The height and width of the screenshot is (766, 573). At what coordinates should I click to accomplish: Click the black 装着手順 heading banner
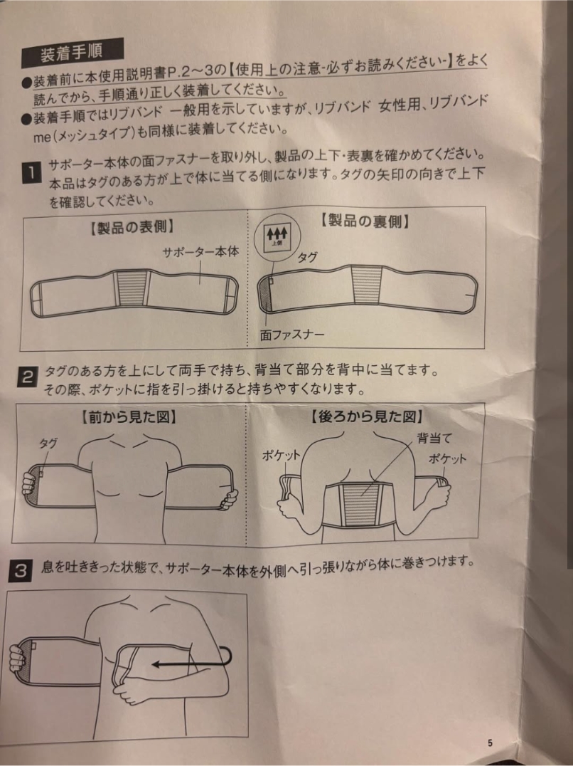click(72, 53)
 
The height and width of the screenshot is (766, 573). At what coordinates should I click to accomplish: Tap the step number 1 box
click(31, 174)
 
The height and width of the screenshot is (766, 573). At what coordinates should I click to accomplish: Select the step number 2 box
click(27, 377)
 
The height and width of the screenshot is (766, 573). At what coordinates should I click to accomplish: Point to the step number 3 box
click(21, 571)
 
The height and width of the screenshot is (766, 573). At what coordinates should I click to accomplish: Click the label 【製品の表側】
click(132, 227)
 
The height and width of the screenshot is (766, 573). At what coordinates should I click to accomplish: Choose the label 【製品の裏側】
click(365, 221)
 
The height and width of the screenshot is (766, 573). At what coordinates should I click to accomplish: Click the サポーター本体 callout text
click(201, 252)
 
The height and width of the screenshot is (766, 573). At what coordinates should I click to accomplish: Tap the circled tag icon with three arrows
click(278, 238)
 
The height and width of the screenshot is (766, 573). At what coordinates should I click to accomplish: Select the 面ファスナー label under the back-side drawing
click(292, 335)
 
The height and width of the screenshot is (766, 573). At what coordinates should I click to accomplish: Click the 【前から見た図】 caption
click(128, 416)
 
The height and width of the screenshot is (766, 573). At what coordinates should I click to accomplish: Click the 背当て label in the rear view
click(434, 439)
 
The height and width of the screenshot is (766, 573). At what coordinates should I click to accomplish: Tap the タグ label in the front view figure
click(48, 443)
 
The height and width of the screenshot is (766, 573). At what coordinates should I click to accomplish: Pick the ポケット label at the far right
click(447, 458)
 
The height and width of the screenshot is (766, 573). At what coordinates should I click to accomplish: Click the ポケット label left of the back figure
click(281, 456)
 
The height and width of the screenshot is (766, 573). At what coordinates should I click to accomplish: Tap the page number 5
click(490, 743)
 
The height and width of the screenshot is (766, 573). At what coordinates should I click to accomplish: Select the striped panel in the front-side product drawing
click(132, 288)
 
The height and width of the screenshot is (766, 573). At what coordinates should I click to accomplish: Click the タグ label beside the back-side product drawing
click(307, 258)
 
